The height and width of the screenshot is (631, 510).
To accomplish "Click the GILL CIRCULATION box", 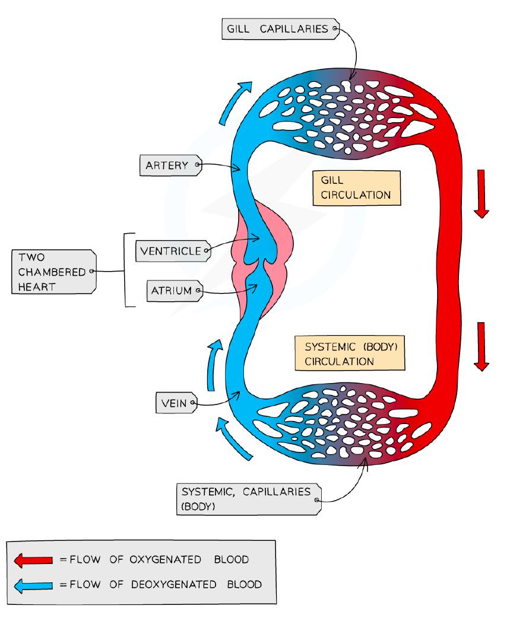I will (356, 188).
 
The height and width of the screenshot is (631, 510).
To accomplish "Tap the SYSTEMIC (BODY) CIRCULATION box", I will (350, 353).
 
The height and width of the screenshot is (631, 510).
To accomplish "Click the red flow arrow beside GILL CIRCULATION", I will (481, 193).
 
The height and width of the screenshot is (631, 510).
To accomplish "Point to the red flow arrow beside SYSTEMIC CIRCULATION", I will (481, 346).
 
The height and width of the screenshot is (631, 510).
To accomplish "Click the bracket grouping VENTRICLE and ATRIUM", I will (126, 270).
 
